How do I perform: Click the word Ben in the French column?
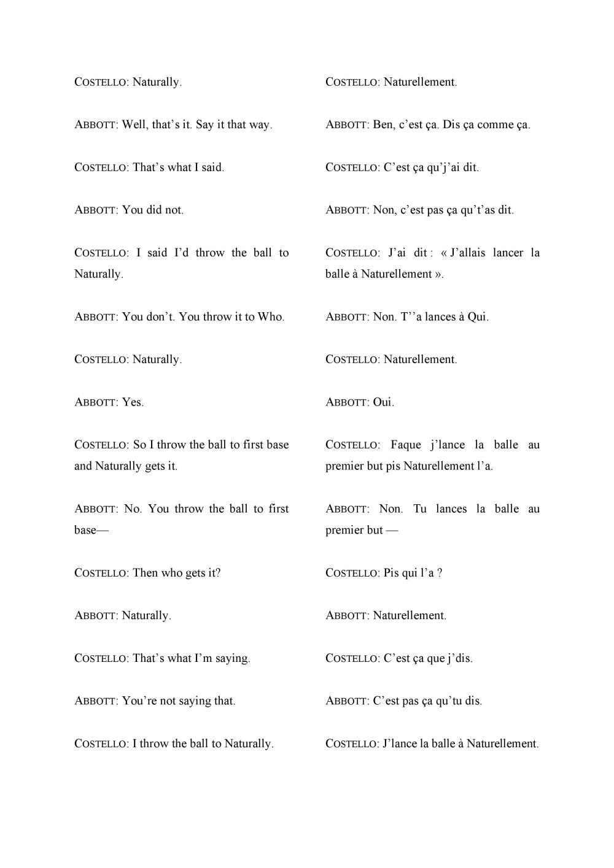pos(383,125)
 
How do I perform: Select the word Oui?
pos(383,402)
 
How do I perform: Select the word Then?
pos(145,573)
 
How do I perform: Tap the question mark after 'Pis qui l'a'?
pos(440,573)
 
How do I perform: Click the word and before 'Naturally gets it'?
pos(83,466)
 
